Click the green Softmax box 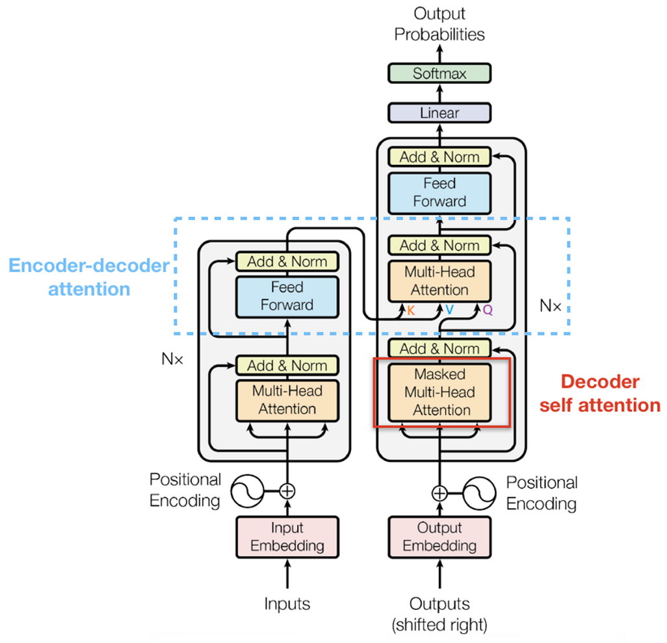click(x=439, y=73)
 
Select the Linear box click(x=439, y=113)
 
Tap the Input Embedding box click(x=287, y=536)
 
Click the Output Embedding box click(x=439, y=536)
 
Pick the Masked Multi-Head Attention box click(x=439, y=392)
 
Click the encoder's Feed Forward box click(x=287, y=296)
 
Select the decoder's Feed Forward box click(x=439, y=193)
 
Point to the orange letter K click(x=411, y=311)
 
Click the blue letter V click(x=449, y=311)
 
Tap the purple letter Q click(x=488, y=311)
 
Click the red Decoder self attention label click(x=600, y=394)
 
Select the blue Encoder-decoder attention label click(x=89, y=277)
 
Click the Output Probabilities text click(x=439, y=24)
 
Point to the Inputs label click(x=287, y=604)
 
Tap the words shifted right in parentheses click(x=439, y=625)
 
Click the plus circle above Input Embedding click(x=287, y=490)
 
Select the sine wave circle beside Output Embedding click(x=479, y=493)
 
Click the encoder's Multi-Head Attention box click(x=287, y=400)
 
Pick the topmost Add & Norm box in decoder click(x=439, y=157)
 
